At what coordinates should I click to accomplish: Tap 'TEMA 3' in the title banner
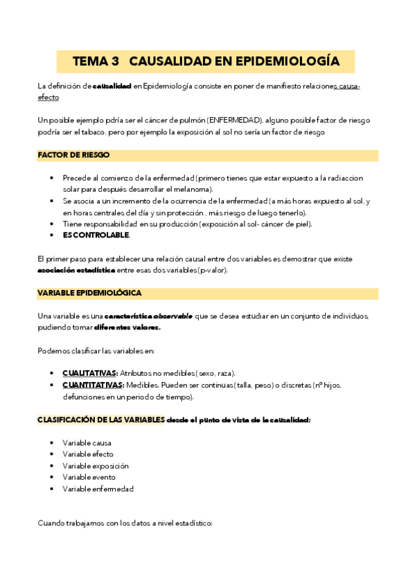[96, 62]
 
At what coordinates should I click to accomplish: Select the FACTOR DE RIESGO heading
[73, 155]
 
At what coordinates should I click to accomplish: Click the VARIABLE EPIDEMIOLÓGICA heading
[89, 293]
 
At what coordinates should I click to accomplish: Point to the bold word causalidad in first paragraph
[112, 86]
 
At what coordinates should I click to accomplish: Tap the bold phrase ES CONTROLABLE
[96, 235]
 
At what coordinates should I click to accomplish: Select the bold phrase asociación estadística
[76, 270]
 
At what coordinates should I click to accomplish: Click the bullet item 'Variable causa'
[87, 442]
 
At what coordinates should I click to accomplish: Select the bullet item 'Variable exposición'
[96, 466]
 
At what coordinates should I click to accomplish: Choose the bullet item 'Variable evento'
[89, 477]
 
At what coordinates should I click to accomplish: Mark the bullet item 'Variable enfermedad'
[98, 489]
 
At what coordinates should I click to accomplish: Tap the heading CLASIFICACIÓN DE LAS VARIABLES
[101, 419]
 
